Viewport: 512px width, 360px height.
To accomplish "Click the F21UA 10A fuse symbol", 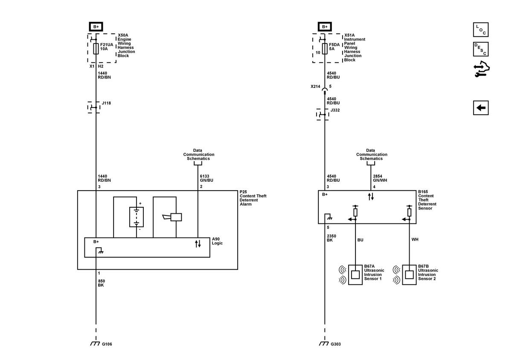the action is coord(96,49).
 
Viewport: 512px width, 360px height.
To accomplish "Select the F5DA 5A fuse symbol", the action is coord(325,49).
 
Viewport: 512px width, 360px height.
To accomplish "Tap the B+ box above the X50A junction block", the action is coord(96,27).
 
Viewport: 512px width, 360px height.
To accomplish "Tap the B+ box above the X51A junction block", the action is coord(325,27).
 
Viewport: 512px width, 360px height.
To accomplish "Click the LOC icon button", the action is coord(481,29).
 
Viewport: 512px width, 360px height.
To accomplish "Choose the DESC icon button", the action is coord(481,49).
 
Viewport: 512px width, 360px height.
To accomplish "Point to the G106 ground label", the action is coord(107,344).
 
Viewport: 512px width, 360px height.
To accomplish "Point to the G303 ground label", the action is coord(335,344).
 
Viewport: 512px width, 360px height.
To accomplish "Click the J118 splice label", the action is coord(106,103).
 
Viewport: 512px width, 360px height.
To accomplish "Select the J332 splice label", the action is coord(335,110).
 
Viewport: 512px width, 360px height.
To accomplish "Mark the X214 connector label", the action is coord(315,87).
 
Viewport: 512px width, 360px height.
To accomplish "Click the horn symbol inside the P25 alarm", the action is coord(172,217).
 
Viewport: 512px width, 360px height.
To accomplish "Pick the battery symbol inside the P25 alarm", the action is coord(137,217).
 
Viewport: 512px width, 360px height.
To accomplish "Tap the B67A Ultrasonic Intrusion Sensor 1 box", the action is coord(355,275).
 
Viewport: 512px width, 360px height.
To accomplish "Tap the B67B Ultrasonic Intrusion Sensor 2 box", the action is coord(409,275).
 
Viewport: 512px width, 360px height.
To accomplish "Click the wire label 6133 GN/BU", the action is coord(207,178).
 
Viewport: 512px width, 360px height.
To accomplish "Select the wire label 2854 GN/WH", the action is coord(380,178).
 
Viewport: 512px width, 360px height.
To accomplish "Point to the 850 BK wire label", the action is coord(101,283).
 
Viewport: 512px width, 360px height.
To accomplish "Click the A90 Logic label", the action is coord(217,241).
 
